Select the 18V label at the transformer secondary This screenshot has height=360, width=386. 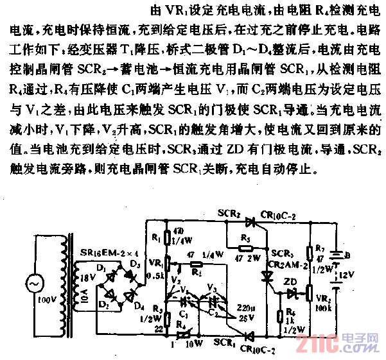tap(85, 279)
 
